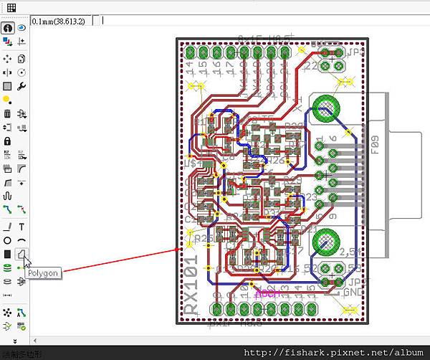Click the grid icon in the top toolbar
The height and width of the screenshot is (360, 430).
point(11,8)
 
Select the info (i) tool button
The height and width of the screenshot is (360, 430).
point(8,28)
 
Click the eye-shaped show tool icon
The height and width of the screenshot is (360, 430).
point(21,28)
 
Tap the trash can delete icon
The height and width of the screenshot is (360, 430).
point(8,113)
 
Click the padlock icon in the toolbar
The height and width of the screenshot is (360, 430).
point(8,141)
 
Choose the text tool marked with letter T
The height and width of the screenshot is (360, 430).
point(21,227)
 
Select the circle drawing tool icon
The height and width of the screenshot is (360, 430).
point(8,240)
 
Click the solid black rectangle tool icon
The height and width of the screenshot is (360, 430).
point(8,254)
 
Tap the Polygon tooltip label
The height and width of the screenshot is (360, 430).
point(43,273)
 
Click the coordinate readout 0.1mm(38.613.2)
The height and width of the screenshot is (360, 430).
point(58,22)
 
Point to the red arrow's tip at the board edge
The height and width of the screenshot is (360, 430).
point(179,250)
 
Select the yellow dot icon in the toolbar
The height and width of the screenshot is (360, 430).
point(7,100)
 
